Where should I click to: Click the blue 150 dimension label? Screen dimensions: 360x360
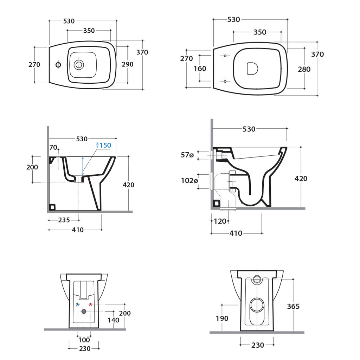(105, 145)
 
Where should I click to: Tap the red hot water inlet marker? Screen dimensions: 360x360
(90, 304)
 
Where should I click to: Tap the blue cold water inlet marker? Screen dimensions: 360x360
(78, 304)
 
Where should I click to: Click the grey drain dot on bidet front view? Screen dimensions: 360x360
(84, 311)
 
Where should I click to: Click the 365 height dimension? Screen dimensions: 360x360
(293, 306)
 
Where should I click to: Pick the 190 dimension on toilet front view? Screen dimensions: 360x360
(222, 319)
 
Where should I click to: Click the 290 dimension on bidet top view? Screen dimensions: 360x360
(128, 64)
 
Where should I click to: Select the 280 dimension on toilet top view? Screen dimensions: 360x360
(304, 69)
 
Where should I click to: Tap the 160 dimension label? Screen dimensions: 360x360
(200, 68)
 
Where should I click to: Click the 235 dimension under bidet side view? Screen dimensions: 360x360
(64, 220)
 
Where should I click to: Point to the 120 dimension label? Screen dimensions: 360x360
(220, 221)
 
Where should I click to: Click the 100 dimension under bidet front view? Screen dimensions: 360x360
(84, 340)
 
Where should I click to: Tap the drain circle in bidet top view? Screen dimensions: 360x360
(79, 64)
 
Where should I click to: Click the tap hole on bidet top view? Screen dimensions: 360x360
(58, 65)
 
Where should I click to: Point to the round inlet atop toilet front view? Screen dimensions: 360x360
(257, 279)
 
